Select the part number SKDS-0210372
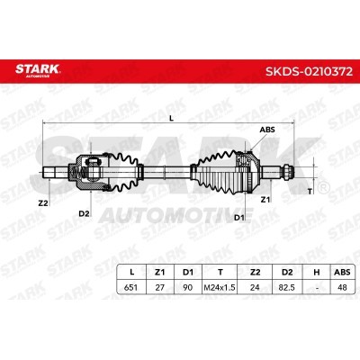click(x=309, y=71)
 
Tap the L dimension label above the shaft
click(x=171, y=118)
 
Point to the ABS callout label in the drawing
click(x=267, y=130)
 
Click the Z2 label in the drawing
click(x=43, y=203)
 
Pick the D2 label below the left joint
click(x=84, y=213)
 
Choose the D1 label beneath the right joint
click(x=239, y=218)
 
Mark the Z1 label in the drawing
click(x=265, y=200)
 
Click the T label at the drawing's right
click(x=310, y=191)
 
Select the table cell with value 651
click(x=130, y=287)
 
